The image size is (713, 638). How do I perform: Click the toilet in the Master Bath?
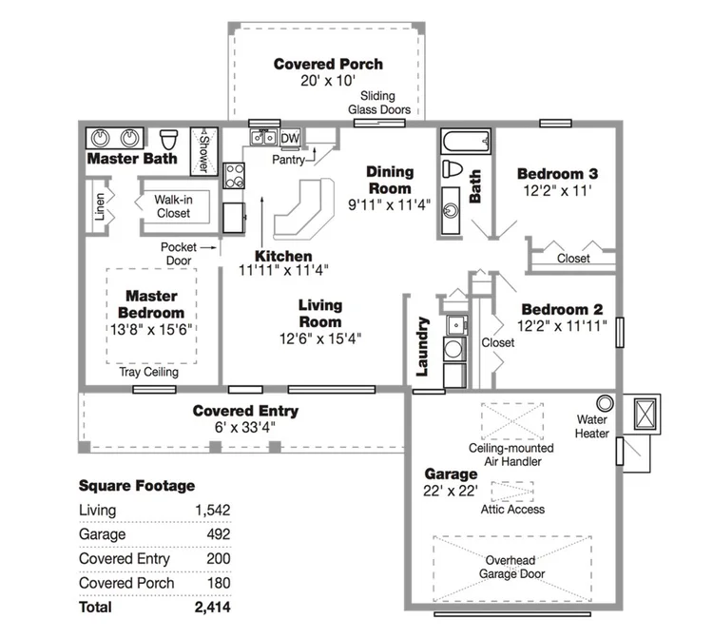click(x=168, y=140)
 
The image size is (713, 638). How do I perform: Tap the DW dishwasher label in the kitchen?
click(x=290, y=138)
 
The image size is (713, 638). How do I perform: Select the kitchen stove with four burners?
click(x=234, y=176)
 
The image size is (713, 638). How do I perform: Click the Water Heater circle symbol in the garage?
click(x=605, y=403)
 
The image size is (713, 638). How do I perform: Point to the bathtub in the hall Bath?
click(x=466, y=141)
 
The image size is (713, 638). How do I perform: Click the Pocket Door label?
click(x=179, y=254)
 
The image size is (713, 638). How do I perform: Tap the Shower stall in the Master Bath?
click(x=203, y=151)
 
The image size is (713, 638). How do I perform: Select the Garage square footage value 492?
click(x=219, y=533)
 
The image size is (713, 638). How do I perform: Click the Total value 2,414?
click(x=212, y=607)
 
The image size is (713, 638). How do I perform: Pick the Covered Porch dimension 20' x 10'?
click(x=327, y=81)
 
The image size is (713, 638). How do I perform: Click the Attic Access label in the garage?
click(x=512, y=510)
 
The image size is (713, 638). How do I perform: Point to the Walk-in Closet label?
click(x=173, y=206)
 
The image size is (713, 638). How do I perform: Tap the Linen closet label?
click(x=100, y=207)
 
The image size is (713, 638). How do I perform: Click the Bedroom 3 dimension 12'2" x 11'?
click(x=557, y=190)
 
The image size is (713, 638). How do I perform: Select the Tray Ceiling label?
click(x=148, y=372)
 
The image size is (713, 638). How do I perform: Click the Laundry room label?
click(x=422, y=346)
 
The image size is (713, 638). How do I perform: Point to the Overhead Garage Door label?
click(x=511, y=567)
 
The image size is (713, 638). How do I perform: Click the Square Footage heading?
click(x=137, y=486)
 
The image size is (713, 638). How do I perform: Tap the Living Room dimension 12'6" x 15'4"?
click(x=320, y=338)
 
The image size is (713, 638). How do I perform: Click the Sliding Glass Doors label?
click(x=378, y=103)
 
